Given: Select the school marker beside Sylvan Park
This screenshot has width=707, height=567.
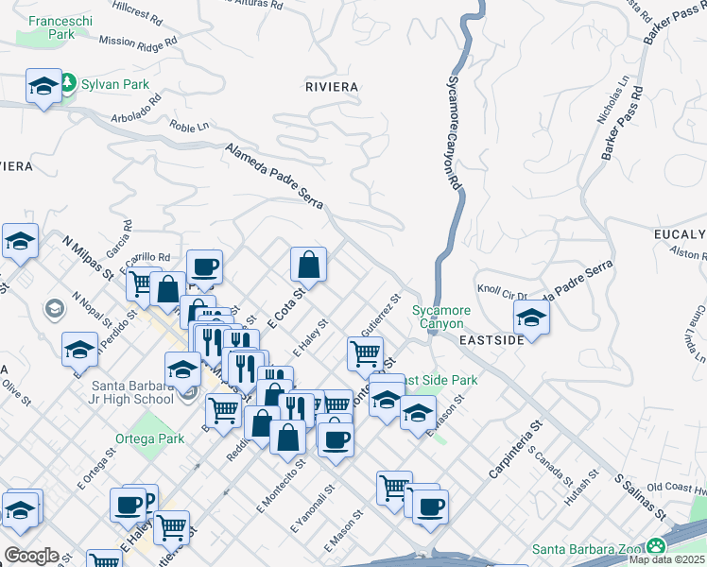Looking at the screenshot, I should (43, 88).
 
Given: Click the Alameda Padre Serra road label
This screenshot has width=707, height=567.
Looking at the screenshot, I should (275, 177).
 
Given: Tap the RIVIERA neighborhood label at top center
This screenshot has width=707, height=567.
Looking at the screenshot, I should (332, 87).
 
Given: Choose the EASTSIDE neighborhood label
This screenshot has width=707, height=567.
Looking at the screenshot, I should (491, 339).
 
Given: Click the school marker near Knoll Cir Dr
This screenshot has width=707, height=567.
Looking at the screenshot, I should (532, 318).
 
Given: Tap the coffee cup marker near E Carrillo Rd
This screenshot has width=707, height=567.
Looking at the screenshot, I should (204, 268).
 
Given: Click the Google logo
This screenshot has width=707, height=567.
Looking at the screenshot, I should (31, 556).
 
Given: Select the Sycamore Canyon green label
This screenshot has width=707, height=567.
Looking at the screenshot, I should (441, 317).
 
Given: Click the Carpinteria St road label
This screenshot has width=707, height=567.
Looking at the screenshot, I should (514, 447).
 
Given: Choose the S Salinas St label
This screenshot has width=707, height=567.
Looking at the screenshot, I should (642, 497).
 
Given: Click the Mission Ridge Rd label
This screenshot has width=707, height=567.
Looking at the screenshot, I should (138, 42).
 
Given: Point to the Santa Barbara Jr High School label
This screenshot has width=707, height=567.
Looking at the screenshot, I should (132, 392).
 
